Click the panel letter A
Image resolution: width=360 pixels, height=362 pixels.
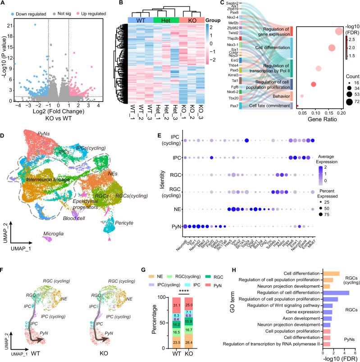click(x=3, y=4)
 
